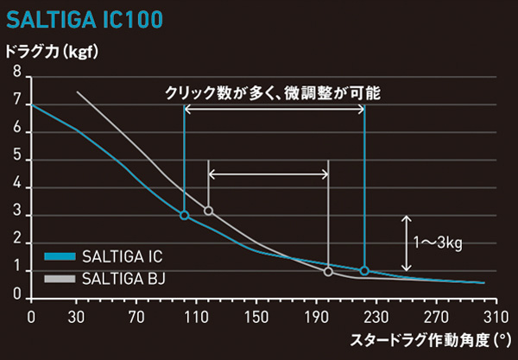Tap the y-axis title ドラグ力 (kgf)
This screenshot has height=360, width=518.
tap(54, 53)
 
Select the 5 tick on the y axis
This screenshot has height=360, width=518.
tap(16, 160)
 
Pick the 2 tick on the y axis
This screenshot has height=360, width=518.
tap(16, 243)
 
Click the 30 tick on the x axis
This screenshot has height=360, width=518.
tap(77, 316)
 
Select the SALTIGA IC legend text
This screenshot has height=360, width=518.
tap(121, 257)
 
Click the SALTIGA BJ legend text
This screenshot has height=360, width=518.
tap(122, 278)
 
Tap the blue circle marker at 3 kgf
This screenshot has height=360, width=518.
tap(184, 215)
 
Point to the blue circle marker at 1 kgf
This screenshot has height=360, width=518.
tap(364, 270)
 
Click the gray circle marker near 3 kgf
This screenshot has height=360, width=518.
tap(208, 211)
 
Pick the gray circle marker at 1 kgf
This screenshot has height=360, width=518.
tap(328, 272)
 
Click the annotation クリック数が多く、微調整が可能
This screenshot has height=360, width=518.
tap(273, 91)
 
